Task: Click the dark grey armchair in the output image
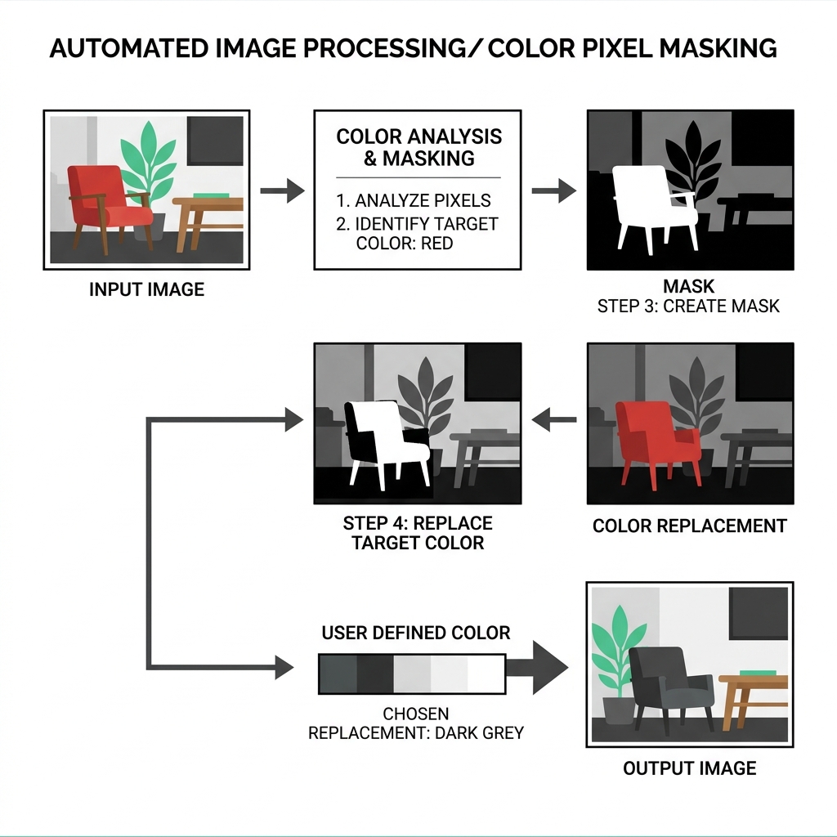[666, 682]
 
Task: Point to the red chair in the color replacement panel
[654, 433]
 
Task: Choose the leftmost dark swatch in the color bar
[337, 674]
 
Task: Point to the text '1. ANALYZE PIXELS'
[413, 201]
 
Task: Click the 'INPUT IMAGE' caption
[146, 289]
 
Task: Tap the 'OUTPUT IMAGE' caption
[689, 768]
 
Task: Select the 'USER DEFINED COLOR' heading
[415, 633]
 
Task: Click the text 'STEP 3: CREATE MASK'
[688, 307]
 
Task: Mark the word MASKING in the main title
[717, 49]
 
